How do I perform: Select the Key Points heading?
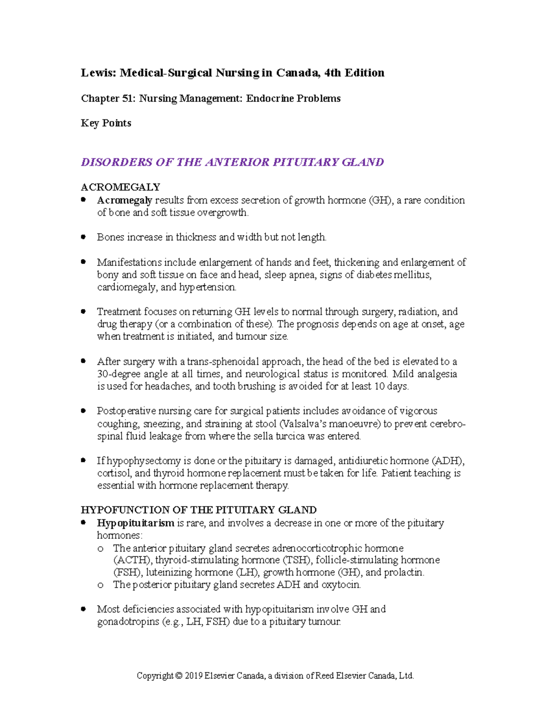106,123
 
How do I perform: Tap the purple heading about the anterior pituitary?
232,162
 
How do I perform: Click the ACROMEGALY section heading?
120,187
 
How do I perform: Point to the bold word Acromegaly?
124,200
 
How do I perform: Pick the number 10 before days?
379,387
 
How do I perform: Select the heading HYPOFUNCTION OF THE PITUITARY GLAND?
198,510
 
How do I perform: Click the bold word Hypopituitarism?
135,523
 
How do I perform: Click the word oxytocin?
341,585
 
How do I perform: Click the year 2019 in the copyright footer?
193,676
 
